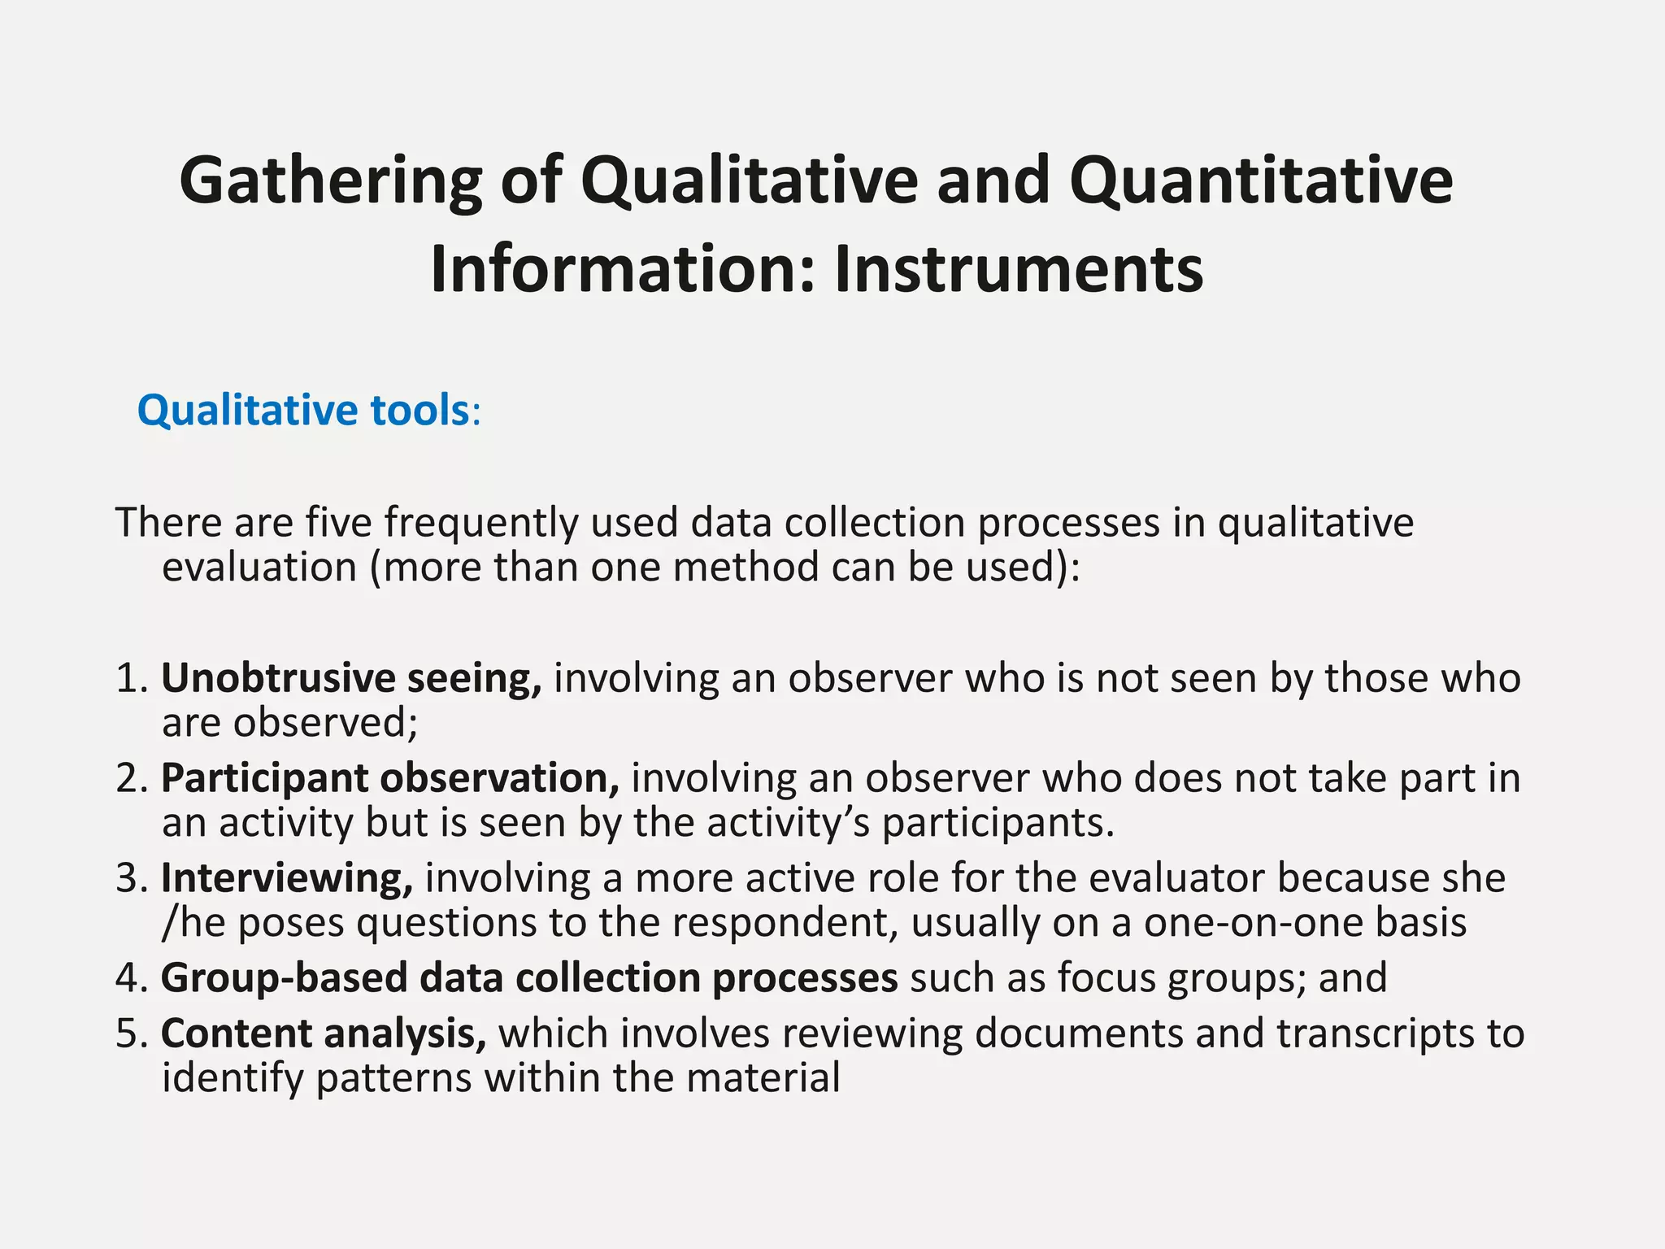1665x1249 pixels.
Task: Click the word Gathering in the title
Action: click(330, 181)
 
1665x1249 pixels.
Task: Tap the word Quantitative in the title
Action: click(1261, 181)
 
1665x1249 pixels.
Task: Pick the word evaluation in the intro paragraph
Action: click(259, 567)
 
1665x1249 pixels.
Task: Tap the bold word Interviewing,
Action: click(287, 878)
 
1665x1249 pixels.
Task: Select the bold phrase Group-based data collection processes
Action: click(529, 977)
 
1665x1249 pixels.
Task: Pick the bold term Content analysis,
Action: click(324, 1034)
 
